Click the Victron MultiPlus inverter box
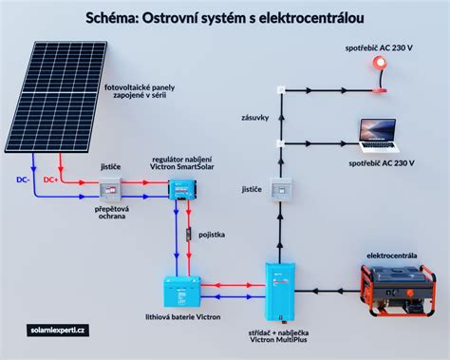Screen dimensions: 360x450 [x=279, y=284]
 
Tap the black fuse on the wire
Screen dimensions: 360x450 [x=187, y=234]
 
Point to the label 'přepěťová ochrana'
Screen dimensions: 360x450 [x=115, y=212]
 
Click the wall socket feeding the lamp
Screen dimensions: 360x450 [x=280, y=91]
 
